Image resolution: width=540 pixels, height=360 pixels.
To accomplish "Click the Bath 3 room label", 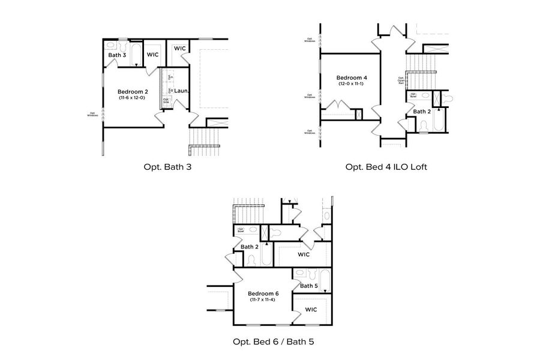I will point(117,55).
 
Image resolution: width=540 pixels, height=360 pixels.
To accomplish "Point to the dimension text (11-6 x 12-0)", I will point(131,98).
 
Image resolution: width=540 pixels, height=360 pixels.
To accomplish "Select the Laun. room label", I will point(182,91).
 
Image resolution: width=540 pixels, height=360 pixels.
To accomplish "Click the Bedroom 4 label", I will point(351,77).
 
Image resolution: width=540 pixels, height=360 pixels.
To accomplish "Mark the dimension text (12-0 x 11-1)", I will point(351,84).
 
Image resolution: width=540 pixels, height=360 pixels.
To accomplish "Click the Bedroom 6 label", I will point(265,293).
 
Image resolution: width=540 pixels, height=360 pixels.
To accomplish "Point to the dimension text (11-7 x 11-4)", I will point(265,299).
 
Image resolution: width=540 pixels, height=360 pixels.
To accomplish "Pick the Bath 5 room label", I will point(308,286).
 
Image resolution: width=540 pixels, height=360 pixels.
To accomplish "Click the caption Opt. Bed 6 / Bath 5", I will point(274,342).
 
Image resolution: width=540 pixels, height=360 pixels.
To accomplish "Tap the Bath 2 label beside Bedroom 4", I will point(422,112).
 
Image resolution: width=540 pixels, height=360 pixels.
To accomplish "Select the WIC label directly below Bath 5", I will point(311,310).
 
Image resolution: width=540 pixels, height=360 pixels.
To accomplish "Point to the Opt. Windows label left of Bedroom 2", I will point(92,114).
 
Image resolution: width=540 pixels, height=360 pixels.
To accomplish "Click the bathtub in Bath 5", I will point(324,280).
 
